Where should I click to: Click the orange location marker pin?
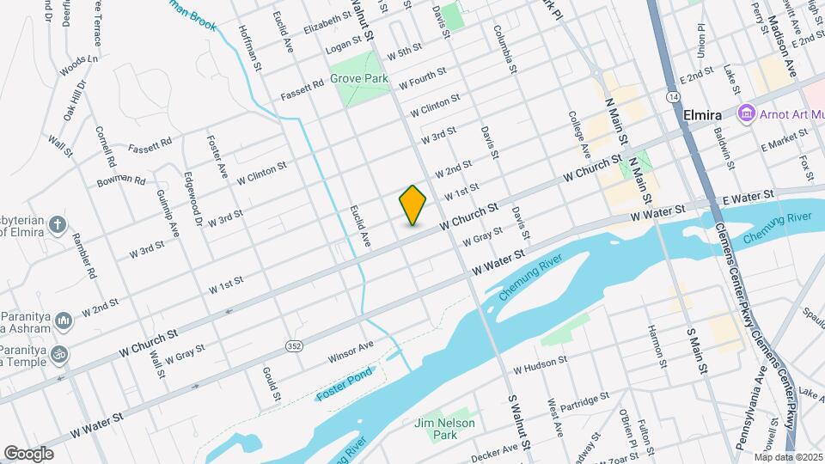(413, 205)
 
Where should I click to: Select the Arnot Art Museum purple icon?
(745, 113)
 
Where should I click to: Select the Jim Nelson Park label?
(457, 429)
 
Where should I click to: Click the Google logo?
(28, 453)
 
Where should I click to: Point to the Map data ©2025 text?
(788, 456)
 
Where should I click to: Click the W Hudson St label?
(541, 365)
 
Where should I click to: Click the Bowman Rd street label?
(121, 180)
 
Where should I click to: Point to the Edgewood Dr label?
(193, 198)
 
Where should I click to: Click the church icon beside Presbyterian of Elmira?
(57, 225)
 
